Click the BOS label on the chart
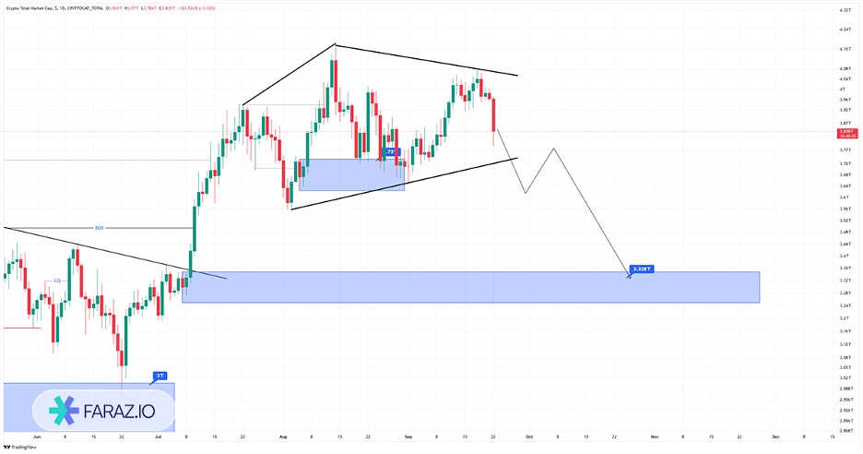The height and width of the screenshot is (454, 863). coord(100,228)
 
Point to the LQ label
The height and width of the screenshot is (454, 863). coord(57,280)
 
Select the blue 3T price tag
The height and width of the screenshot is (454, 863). coord(160,376)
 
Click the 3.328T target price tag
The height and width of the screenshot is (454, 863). coord(641,269)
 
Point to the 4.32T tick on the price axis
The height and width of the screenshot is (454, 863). coord(844,10)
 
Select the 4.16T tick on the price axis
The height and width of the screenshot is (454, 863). coord(844,49)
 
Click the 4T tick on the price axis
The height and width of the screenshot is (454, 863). coord(841,89)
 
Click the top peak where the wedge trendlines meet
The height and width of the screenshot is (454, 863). coord(335,44)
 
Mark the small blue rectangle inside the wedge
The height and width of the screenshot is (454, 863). coord(351,174)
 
